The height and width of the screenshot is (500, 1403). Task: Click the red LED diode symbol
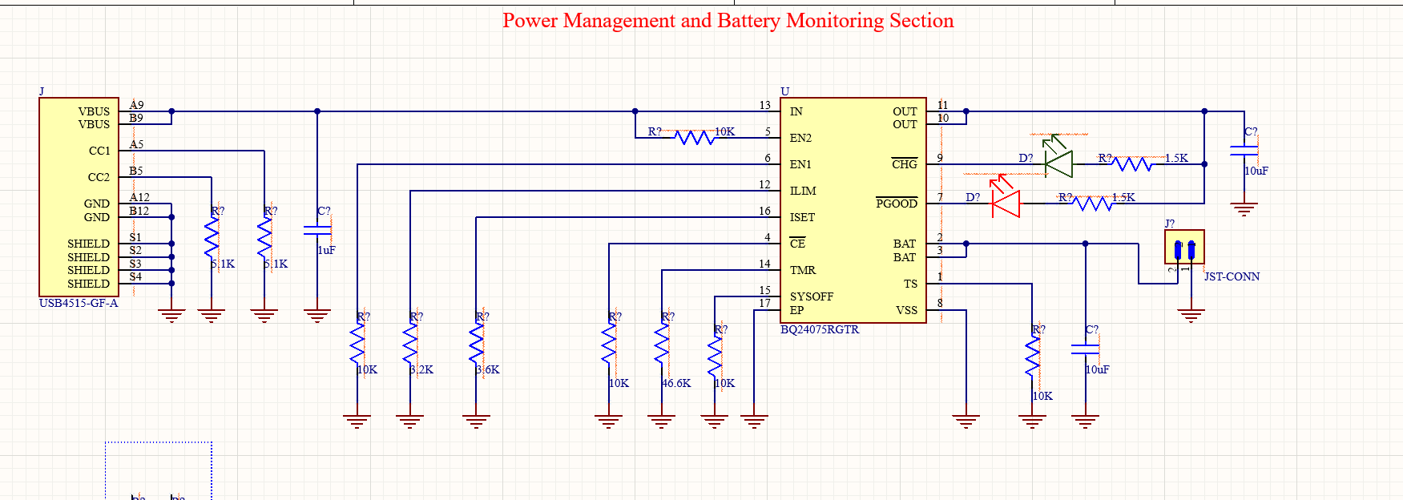[x=1006, y=204]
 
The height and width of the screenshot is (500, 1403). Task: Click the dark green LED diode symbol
[x=1059, y=163]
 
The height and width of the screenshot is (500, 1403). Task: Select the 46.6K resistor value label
[x=676, y=383]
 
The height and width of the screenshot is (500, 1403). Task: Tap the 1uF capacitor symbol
[x=317, y=230]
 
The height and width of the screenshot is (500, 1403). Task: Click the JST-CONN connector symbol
[x=1184, y=248]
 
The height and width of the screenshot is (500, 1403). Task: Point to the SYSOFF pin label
[x=811, y=296]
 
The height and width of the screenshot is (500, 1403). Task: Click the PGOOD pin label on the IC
[x=896, y=204]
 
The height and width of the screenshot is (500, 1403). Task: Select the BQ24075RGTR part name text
[x=819, y=329]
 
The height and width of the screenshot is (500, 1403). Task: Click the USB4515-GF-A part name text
[x=79, y=303]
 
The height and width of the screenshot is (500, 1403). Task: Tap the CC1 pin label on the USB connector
[x=99, y=151]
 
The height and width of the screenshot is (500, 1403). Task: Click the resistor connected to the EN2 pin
[x=694, y=138]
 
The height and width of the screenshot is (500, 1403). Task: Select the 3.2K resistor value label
[x=421, y=369]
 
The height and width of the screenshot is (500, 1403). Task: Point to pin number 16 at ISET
[x=764, y=211]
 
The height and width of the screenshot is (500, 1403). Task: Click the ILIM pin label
[x=802, y=191]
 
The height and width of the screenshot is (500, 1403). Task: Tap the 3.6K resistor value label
[x=487, y=369]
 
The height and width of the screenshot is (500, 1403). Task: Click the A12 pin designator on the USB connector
[x=139, y=197]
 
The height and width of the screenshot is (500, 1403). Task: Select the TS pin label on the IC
[x=910, y=284]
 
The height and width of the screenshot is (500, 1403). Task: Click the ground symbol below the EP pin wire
[x=754, y=421]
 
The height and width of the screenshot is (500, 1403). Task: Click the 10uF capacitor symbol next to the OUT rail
[x=1244, y=150]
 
